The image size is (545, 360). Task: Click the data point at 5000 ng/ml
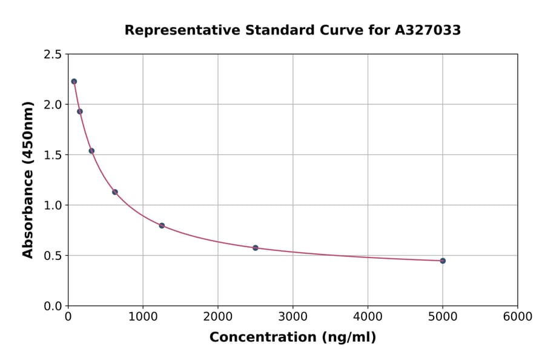(x=443, y=261)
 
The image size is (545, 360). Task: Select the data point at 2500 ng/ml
(x=256, y=248)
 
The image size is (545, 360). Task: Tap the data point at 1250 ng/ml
(x=162, y=225)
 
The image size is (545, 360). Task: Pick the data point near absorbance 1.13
(x=115, y=192)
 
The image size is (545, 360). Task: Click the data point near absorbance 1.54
(x=91, y=151)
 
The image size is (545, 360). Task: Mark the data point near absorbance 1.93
(x=80, y=112)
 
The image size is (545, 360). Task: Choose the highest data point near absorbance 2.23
(x=74, y=81)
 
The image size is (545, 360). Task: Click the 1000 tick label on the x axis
(x=143, y=317)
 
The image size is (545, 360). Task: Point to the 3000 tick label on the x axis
(x=292, y=317)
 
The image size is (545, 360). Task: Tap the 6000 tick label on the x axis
(x=517, y=317)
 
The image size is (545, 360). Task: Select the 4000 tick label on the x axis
(x=368, y=317)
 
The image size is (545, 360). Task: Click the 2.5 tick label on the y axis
(x=52, y=55)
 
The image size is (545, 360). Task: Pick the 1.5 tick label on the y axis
(x=52, y=155)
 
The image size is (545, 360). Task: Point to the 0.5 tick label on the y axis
(x=52, y=256)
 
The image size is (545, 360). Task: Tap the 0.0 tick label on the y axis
(x=52, y=306)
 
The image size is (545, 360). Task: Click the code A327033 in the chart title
(x=428, y=30)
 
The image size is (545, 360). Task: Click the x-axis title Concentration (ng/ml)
(x=292, y=338)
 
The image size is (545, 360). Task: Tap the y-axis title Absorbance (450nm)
(x=28, y=180)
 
